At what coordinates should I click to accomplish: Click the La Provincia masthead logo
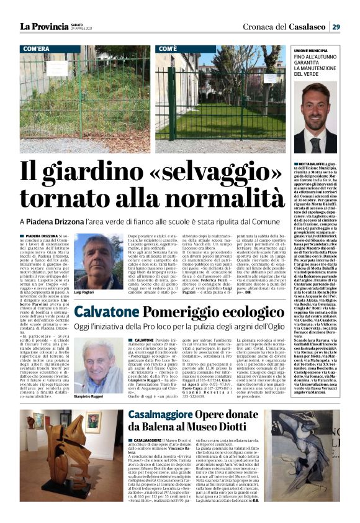point(44,26)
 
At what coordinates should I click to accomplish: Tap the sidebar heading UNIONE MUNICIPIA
point(315,50)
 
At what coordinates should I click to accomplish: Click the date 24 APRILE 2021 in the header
point(82,29)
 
